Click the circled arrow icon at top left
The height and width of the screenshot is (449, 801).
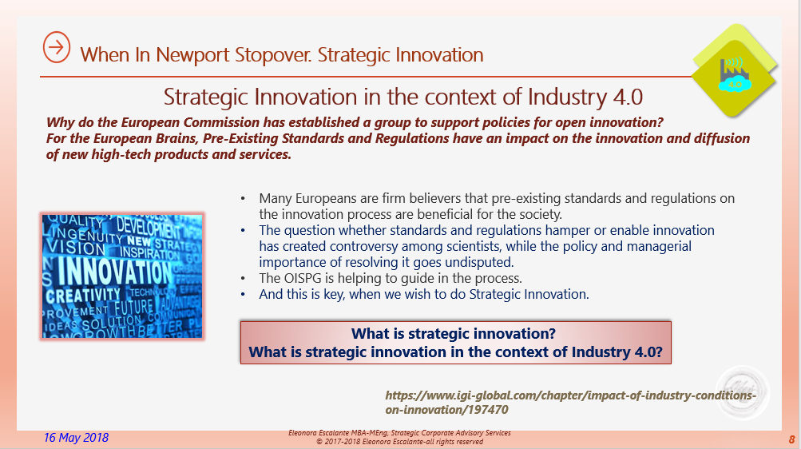click(56, 48)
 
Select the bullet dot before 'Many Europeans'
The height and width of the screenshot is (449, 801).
click(244, 198)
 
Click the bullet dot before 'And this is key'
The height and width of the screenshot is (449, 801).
click(244, 294)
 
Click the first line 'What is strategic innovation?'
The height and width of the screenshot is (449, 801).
click(454, 334)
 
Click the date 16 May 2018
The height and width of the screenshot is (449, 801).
click(77, 437)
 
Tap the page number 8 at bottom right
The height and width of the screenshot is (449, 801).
click(791, 439)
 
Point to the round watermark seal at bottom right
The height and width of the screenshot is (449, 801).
click(742, 391)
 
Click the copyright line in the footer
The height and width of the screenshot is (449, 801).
click(399, 441)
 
